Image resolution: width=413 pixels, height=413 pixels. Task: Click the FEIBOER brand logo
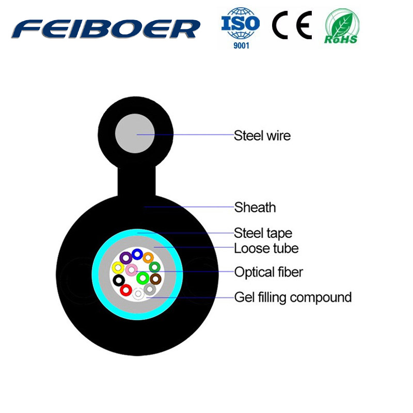pos(106,29)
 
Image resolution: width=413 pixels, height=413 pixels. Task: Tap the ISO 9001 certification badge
pos(241,28)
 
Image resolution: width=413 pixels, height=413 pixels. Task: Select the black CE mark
pos(292,25)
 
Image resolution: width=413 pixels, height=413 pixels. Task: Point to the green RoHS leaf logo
pos(342,26)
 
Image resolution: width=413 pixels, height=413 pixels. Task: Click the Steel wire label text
pos(262,136)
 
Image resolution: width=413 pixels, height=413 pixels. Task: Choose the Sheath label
pos(255,208)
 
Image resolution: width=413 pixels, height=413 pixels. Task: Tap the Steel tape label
pos(263,233)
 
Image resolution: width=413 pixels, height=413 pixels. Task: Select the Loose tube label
pos(266,248)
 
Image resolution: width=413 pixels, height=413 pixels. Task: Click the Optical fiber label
pos(268,272)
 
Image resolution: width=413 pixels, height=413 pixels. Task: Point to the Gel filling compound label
pos(293,298)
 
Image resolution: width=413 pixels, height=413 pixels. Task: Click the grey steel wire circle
pos(135,133)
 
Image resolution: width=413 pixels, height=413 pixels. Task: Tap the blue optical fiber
pos(137,254)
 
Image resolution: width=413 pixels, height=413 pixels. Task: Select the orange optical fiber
pos(149,258)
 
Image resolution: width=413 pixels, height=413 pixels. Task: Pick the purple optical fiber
pos(126,258)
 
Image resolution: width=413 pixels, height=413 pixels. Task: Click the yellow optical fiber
pos(118,268)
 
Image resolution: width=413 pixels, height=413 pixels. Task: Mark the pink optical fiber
pos(131,270)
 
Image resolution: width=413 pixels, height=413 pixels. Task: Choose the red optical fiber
pos(126,290)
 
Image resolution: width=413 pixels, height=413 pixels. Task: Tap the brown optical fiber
pos(155,279)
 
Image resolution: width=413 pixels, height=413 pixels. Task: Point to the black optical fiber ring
pos(119,280)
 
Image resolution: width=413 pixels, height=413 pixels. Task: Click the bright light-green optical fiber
pos(143,278)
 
